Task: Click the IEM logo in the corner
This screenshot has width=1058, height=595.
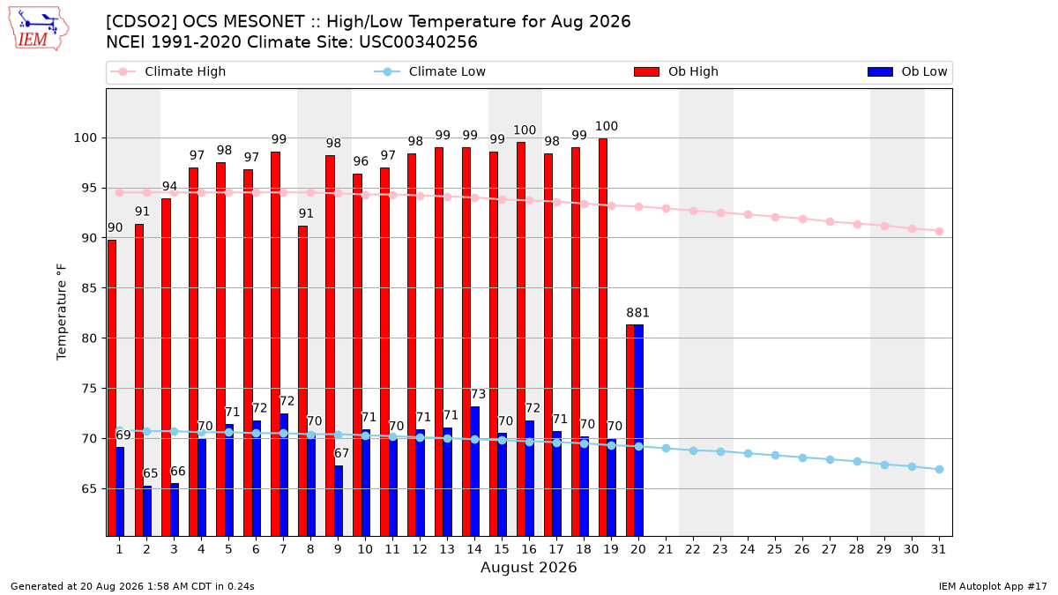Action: (x=39, y=29)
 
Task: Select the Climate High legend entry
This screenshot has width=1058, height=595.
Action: (x=168, y=71)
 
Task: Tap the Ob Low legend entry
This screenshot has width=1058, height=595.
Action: (x=907, y=71)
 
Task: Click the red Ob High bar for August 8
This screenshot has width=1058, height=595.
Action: (x=302, y=381)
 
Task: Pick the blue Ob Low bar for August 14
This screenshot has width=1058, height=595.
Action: (x=475, y=472)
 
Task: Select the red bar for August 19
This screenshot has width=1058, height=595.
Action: (x=603, y=337)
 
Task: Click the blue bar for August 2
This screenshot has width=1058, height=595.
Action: (x=147, y=511)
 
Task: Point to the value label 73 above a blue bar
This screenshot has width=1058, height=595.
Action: (x=479, y=394)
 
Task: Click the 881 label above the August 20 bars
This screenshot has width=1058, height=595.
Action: (x=638, y=313)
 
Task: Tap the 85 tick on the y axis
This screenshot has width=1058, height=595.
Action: (x=89, y=288)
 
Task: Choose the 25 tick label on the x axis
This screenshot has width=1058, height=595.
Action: (x=775, y=549)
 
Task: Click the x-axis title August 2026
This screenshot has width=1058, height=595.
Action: (x=528, y=567)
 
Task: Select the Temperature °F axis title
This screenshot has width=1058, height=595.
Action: (x=62, y=312)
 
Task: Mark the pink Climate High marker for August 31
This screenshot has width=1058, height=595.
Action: (x=940, y=231)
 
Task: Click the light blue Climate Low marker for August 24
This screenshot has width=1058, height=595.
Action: (x=749, y=453)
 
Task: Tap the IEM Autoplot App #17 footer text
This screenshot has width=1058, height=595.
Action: (x=993, y=586)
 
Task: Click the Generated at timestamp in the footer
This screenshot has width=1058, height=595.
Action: (x=132, y=586)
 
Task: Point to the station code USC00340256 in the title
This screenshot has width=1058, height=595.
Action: (x=418, y=42)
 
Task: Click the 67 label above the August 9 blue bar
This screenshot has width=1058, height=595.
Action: (x=341, y=453)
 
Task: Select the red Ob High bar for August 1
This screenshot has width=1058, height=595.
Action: (x=112, y=388)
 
